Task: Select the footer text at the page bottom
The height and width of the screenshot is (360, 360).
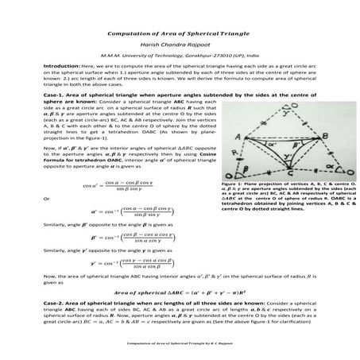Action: pos(180,344)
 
